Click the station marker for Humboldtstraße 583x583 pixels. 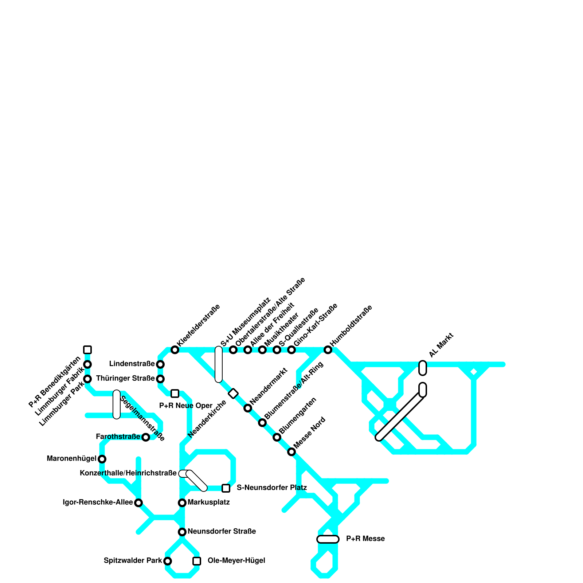point(328,350)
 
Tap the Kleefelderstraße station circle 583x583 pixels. point(175,350)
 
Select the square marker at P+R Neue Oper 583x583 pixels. point(175,394)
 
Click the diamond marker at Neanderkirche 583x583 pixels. point(233,394)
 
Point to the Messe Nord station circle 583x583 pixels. point(291,452)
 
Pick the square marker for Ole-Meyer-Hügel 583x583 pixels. point(197,561)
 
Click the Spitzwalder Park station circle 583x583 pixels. point(168,561)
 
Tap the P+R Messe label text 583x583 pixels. point(365,539)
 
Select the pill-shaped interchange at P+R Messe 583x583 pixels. point(328,539)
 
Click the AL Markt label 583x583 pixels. point(441,345)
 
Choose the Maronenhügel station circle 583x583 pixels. point(102,459)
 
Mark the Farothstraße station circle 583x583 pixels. point(146,437)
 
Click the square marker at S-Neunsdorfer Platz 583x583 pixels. point(226,488)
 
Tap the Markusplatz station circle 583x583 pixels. point(182,503)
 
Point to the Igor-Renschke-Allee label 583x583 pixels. point(98,502)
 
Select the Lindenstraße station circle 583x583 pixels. point(160,364)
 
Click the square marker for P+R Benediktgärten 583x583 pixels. point(87,350)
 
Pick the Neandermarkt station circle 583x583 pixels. point(248,408)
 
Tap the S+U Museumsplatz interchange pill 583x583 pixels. point(219,364)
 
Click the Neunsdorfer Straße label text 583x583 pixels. point(222,532)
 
